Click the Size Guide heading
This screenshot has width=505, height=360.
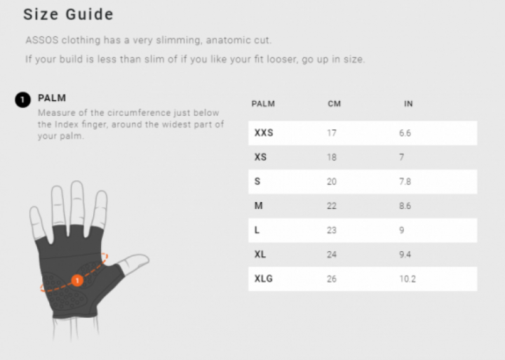pos(68,15)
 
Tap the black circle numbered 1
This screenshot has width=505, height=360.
pos(22,100)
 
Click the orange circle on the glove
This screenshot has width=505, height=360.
pos(77,281)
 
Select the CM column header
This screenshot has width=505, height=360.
pos(334,104)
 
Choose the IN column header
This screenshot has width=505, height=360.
pos(408,104)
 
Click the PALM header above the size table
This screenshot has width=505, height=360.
pos(263,104)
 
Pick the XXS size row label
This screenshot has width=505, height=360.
pos(264,133)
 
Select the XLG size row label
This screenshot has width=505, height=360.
pos(264,279)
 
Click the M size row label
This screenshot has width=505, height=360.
pos(258,206)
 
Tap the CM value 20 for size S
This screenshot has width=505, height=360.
pos(332,182)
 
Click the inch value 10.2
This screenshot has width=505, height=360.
pos(408,279)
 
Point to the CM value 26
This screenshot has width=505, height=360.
pos(332,279)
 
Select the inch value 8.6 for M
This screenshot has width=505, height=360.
pos(405,206)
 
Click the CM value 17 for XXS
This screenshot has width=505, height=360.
pos(332,133)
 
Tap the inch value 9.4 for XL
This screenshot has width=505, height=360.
pos(405,255)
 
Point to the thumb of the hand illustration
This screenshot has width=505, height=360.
pos(134,262)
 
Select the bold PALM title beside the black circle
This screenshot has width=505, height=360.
pos(52,98)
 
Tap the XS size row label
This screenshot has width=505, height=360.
pos(260,157)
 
